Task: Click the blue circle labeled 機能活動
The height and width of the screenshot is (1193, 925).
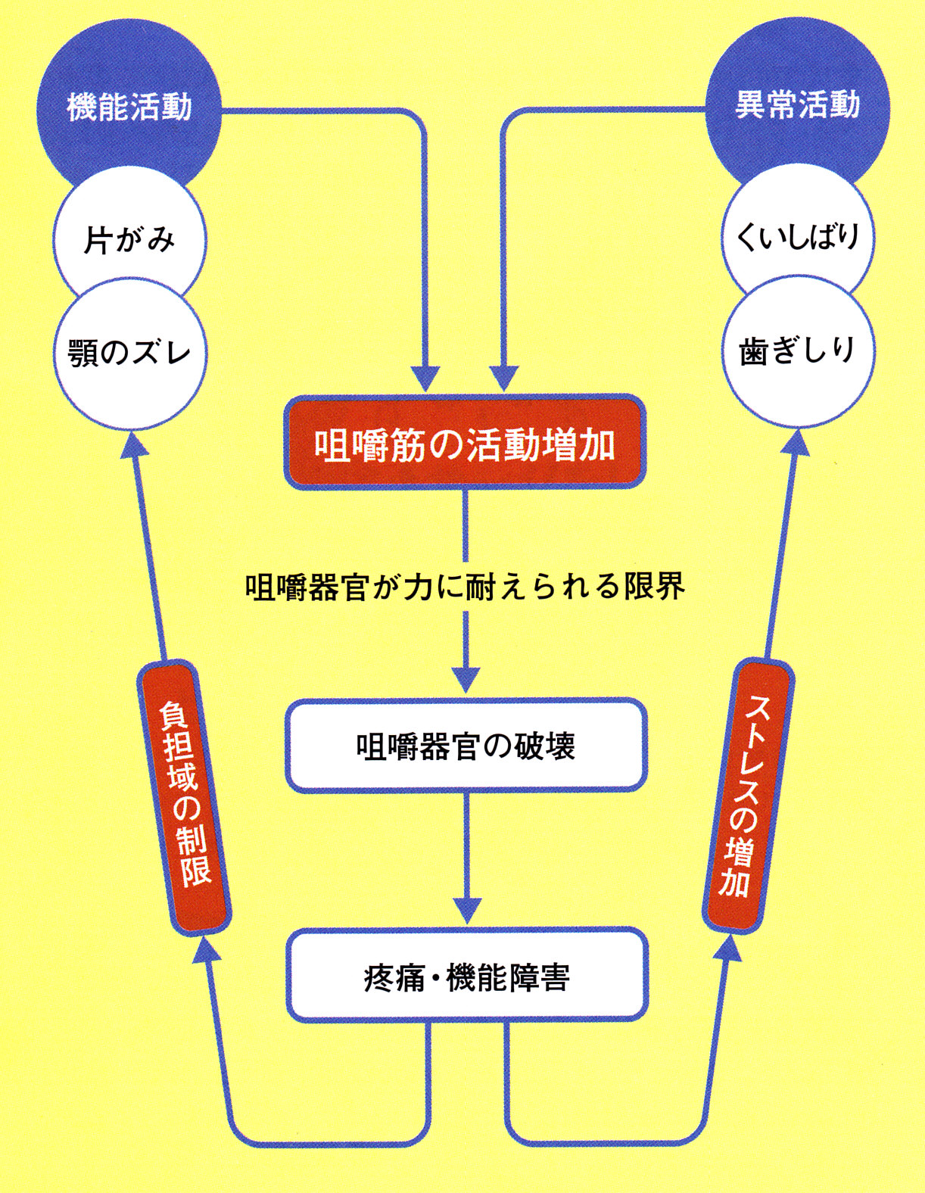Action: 129,106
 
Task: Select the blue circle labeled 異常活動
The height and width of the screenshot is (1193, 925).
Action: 797,104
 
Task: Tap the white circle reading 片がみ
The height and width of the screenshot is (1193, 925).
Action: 129,240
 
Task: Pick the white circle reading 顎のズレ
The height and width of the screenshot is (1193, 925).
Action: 129,353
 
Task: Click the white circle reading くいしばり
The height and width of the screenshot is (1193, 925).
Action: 797,237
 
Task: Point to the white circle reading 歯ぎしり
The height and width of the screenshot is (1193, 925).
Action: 797,350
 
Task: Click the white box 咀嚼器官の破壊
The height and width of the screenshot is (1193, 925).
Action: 466,746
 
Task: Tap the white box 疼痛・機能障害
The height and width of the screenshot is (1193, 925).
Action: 466,977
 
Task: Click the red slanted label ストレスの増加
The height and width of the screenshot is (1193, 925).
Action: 748,795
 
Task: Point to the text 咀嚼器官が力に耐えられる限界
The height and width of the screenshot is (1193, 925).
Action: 465,587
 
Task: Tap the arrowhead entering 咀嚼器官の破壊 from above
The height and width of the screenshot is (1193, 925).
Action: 466,680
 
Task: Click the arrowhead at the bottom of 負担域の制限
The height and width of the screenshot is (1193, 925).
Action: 204,947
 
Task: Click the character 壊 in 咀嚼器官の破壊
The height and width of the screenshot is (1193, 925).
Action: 559,746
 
